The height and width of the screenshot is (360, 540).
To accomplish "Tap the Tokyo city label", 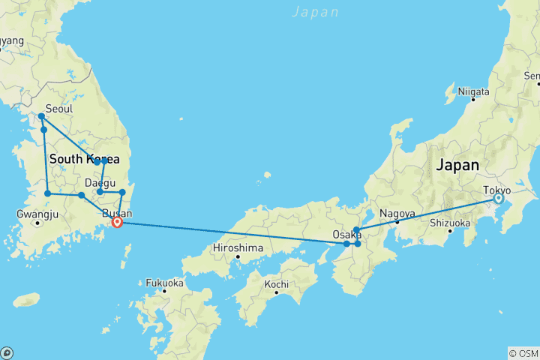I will click(497, 190).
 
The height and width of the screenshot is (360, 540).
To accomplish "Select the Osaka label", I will click(347, 235).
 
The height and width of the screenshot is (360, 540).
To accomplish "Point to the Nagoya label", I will click(397, 213).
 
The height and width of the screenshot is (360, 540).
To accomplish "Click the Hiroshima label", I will click(238, 247).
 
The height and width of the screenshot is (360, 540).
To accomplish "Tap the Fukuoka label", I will click(164, 283).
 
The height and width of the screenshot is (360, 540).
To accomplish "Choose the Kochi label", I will click(277, 284).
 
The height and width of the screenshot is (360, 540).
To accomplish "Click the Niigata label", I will click(473, 91).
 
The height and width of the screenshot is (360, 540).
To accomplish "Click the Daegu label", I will click(100, 182).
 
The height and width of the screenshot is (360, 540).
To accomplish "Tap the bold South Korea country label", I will click(85, 160).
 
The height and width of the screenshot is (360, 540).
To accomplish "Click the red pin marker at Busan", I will click(117, 220).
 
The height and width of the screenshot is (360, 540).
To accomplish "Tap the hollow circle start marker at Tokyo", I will click(498, 199).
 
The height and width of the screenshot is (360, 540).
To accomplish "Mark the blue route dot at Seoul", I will click(41, 116).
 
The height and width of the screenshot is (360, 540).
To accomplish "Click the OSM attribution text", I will click(523, 353).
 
